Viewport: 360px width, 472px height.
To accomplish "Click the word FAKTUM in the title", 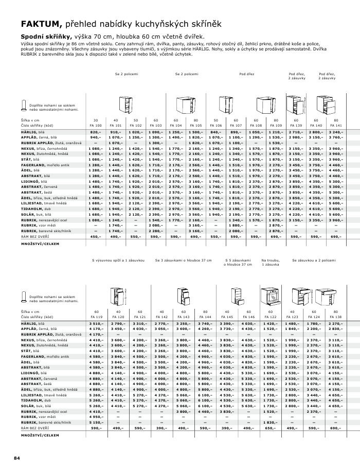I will click(41, 24).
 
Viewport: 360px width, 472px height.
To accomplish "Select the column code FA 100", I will click(95, 125).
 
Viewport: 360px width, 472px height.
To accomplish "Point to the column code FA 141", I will click(335, 125).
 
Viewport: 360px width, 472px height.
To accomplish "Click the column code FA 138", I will click(335, 317).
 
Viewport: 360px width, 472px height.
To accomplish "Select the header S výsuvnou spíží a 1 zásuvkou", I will click(117, 260).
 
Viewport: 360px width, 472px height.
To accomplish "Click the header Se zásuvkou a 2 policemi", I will click(313, 260).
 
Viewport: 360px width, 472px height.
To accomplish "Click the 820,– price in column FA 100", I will click(96, 132).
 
